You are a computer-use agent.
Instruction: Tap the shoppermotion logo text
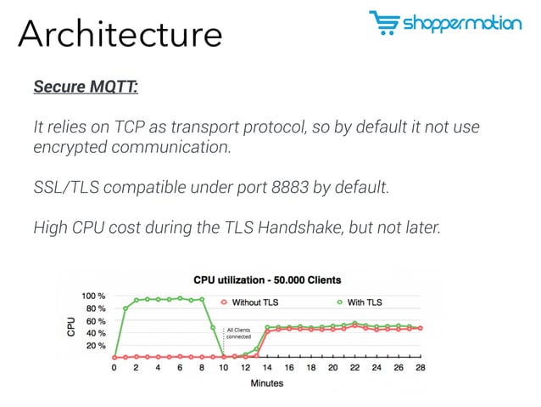point(463,24)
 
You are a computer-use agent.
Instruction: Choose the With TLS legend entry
point(361,302)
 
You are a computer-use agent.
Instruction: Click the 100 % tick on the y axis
point(93,296)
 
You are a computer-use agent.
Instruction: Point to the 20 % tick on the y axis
point(96,347)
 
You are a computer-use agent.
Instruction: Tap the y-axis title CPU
point(72,325)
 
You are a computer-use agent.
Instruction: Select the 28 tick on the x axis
point(419,368)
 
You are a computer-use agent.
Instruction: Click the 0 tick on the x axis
point(114,368)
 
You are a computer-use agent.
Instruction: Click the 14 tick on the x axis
point(267,368)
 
